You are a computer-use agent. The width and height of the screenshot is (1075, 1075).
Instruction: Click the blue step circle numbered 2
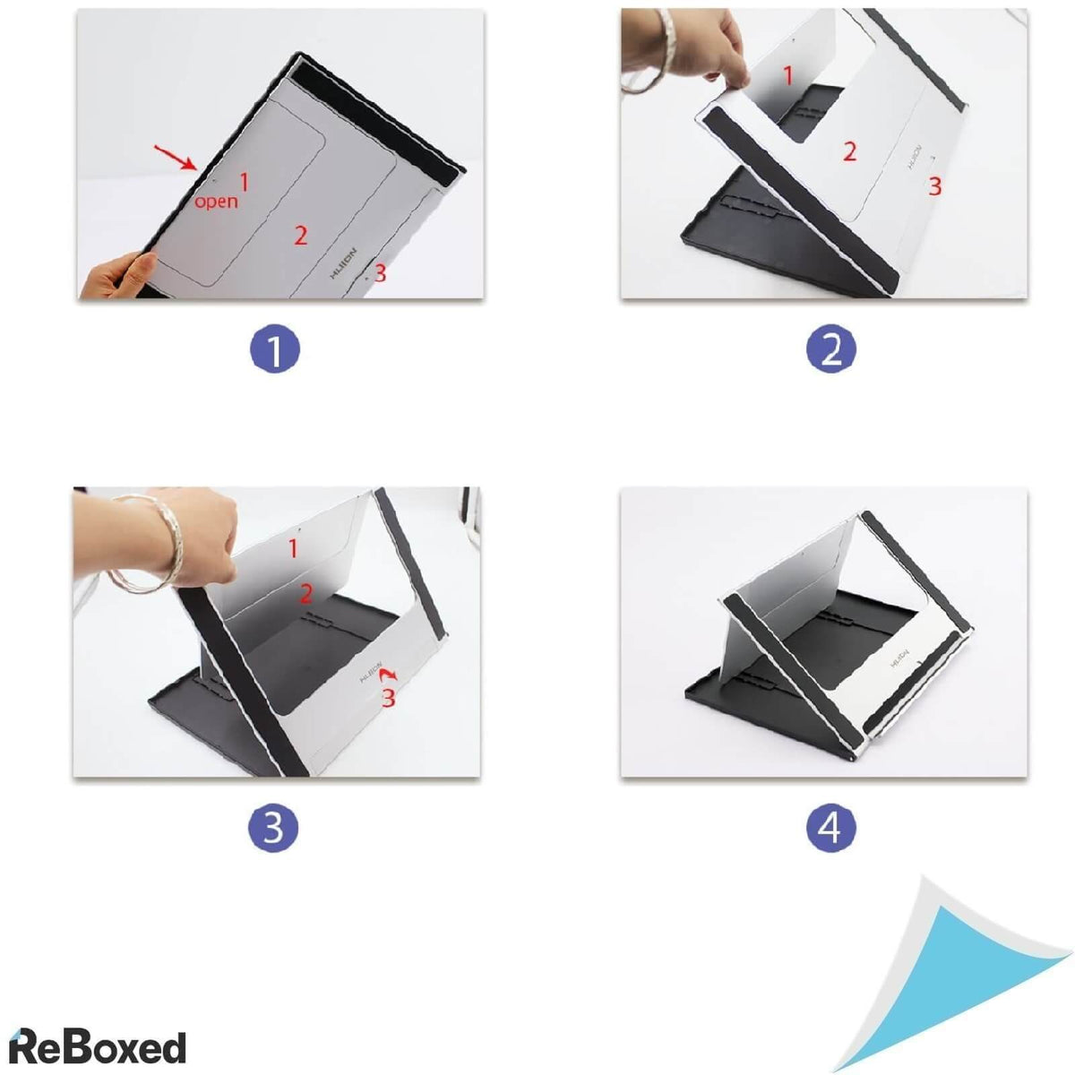pyautogui.click(x=830, y=349)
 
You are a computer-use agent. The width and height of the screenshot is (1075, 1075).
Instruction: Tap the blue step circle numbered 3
pyautogui.click(x=273, y=829)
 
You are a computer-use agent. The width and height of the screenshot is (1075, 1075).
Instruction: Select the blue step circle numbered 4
pyautogui.click(x=830, y=829)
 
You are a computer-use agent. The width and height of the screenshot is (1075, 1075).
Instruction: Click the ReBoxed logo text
pyautogui.click(x=97, y=1046)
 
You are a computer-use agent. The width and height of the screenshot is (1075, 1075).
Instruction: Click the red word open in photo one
pyautogui.click(x=217, y=201)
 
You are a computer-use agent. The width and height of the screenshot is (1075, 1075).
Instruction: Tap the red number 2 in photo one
pyautogui.click(x=300, y=235)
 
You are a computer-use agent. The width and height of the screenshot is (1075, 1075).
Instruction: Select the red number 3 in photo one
pyautogui.click(x=380, y=273)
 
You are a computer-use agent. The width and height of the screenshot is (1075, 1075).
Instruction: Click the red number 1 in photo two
pyautogui.click(x=788, y=76)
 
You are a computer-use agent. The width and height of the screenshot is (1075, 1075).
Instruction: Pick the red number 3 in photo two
pyautogui.click(x=933, y=186)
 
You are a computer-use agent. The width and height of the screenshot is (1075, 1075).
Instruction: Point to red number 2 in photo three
pyautogui.click(x=305, y=592)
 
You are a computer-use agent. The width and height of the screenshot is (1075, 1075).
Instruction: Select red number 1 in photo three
pyautogui.click(x=293, y=546)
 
